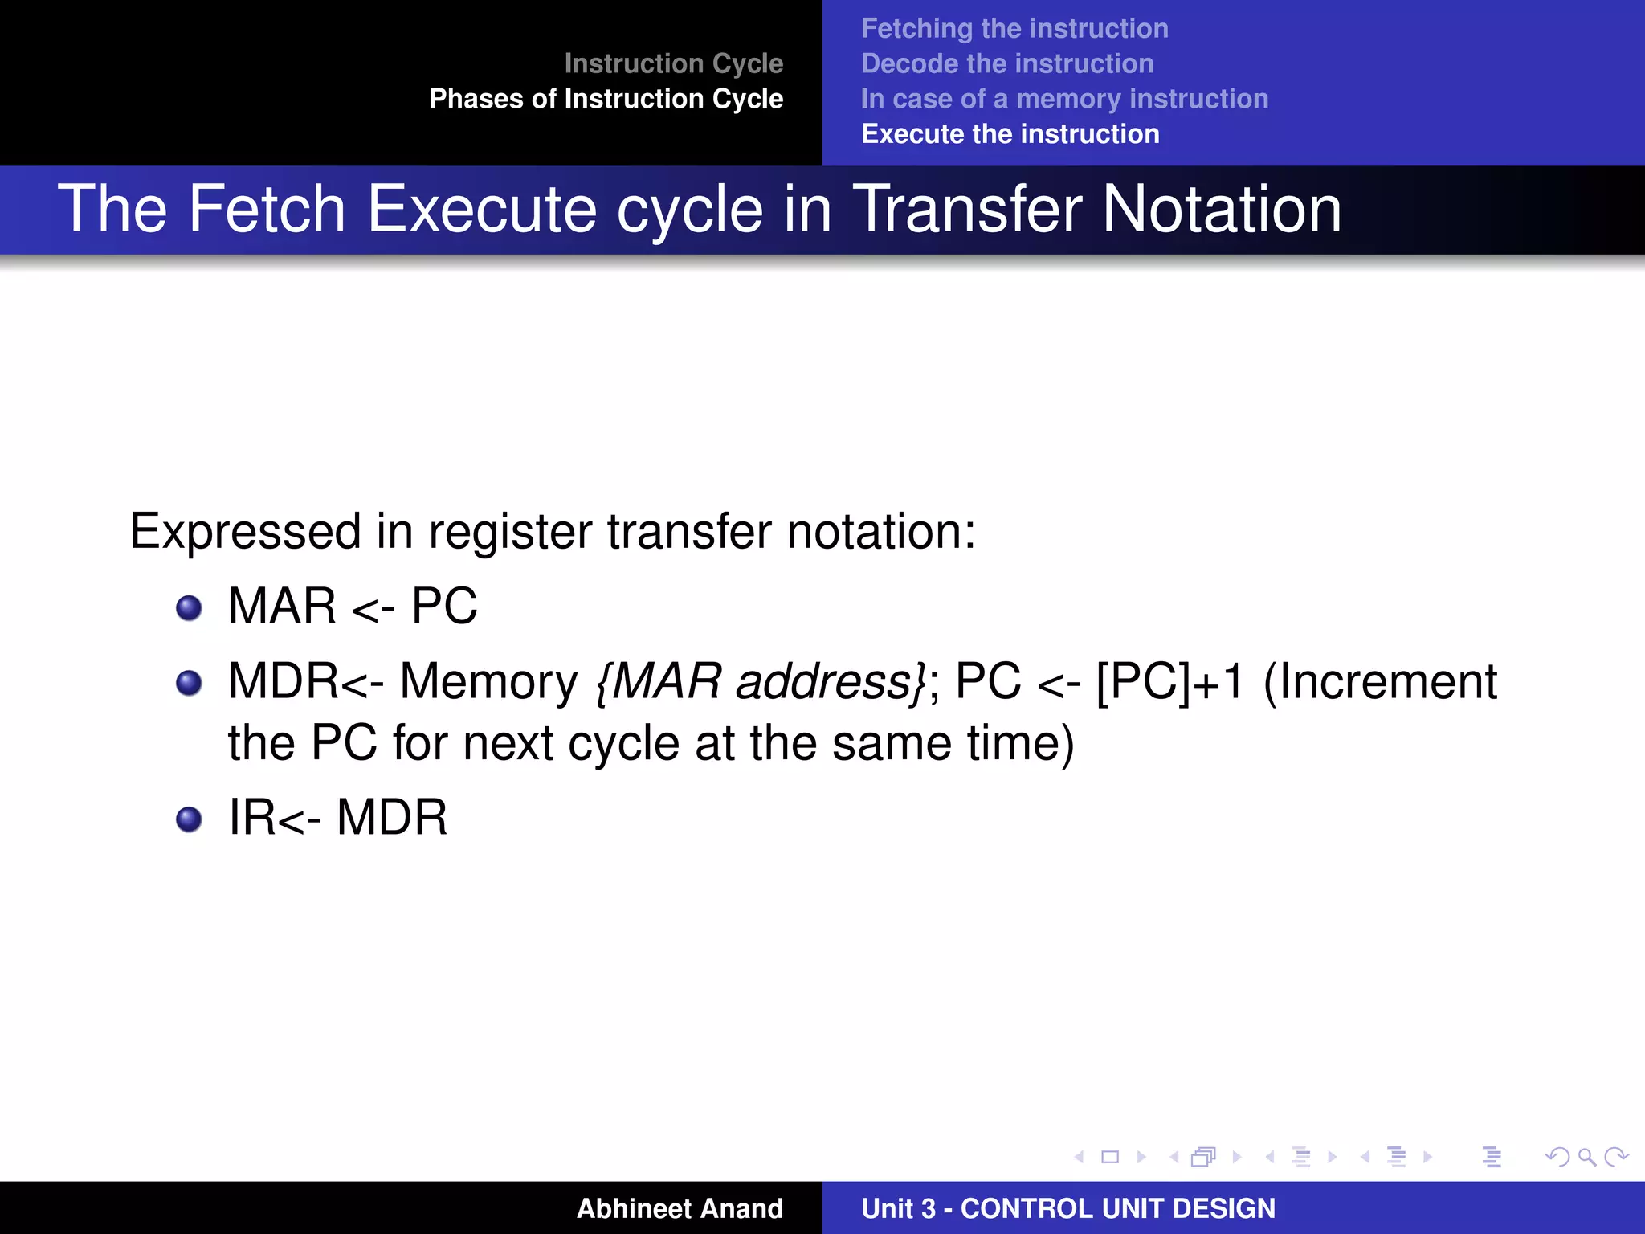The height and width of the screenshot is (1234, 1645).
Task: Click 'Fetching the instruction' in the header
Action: click(1014, 29)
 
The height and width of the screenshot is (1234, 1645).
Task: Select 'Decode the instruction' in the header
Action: click(1006, 64)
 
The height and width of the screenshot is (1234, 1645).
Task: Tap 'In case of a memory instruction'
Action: click(1064, 99)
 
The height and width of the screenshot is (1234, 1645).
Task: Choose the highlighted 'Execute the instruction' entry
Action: click(1010, 134)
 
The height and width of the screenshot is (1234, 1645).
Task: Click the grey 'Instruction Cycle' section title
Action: click(673, 63)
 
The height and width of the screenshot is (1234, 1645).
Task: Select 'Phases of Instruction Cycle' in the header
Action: click(606, 99)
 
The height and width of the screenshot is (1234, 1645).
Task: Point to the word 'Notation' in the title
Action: click(1221, 209)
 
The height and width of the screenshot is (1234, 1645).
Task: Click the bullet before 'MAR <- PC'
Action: click(189, 608)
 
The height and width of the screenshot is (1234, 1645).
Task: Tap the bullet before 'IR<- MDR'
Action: click(189, 819)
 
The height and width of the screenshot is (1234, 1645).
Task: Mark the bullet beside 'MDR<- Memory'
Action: click(189, 684)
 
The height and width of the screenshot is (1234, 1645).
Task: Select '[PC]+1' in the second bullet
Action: click(1170, 682)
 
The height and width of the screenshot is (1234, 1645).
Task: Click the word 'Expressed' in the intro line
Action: click(245, 532)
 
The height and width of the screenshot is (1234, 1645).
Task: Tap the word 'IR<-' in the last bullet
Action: click(274, 818)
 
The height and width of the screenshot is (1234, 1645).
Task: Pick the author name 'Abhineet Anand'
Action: click(679, 1208)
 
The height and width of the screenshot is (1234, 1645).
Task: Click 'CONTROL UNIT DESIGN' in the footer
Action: click(1117, 1208)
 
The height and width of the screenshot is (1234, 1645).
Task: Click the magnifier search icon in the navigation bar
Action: click(1586, 1157)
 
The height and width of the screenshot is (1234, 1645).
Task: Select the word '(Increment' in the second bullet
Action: click(1380, 682)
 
